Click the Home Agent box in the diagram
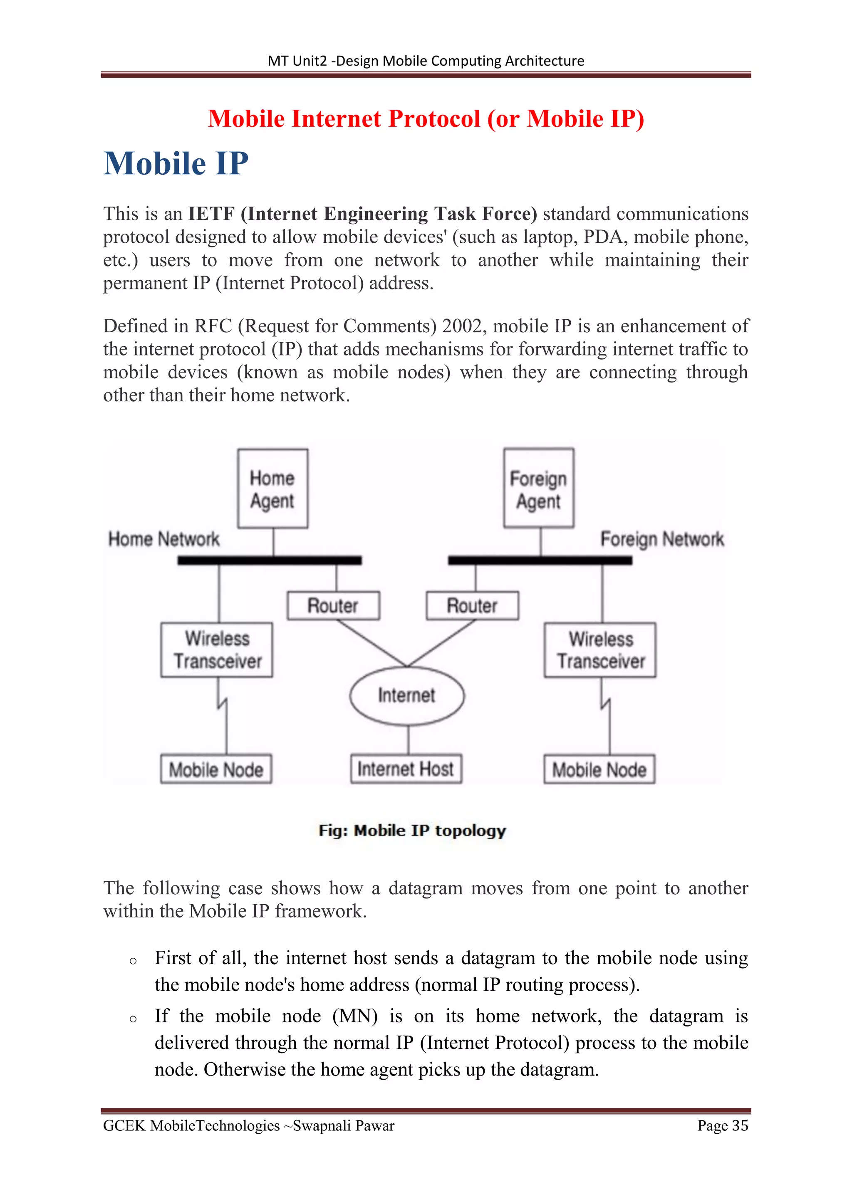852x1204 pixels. (x=272, y=488)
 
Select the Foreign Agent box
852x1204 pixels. (x=538, y=488)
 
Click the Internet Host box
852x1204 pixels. (x=406, y=769)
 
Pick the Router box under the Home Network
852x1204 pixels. (x=333, y=606)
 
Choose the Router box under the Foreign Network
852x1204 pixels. (x=472, y=606)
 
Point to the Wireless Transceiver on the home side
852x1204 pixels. (x=217, y=650)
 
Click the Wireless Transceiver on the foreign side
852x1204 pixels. (x=600, y=650)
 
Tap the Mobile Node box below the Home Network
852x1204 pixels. (x=216, y=769)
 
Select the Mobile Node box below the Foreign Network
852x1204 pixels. (x=599, y=769)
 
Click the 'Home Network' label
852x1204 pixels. (x=163, y=539)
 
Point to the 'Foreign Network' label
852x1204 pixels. (x=662, y=539)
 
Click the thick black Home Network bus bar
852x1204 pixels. (x=269, y=560)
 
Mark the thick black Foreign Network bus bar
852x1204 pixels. (x=540, y=560)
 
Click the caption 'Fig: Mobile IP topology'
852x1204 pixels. (x=412, y=831)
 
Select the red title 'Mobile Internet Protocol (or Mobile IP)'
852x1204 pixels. (x=426, y=118)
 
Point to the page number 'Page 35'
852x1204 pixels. (x=723, y=1125)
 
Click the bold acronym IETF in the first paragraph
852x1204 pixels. (x=211, y=214)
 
